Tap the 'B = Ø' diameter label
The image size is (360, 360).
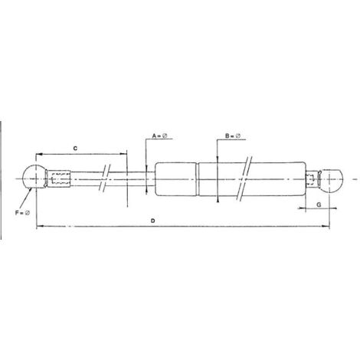click(234, 136)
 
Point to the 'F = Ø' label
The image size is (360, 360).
click(23, 211)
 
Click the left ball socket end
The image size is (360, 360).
click(34, 178)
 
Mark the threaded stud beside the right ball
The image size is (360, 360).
click(311, 182)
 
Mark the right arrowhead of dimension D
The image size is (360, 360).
click(329, 227)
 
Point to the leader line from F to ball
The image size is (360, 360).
click(28, 198)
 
